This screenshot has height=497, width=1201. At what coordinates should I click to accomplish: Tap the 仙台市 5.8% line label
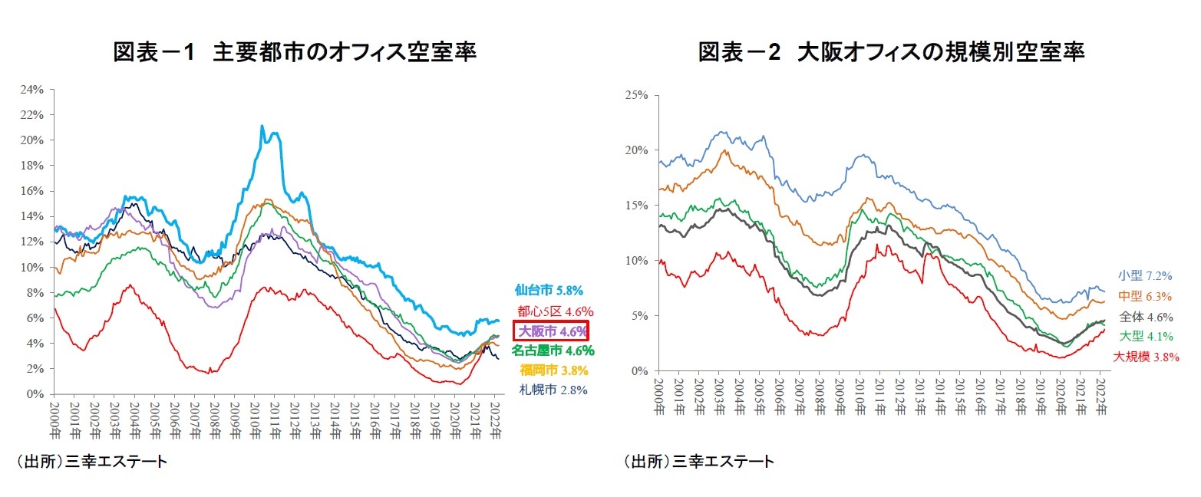click(x=549, y=291)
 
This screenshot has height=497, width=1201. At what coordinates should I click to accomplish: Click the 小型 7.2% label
click(x=1145, y=276)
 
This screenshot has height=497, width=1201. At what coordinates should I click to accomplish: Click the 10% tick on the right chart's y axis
click(x=638, y=261)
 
